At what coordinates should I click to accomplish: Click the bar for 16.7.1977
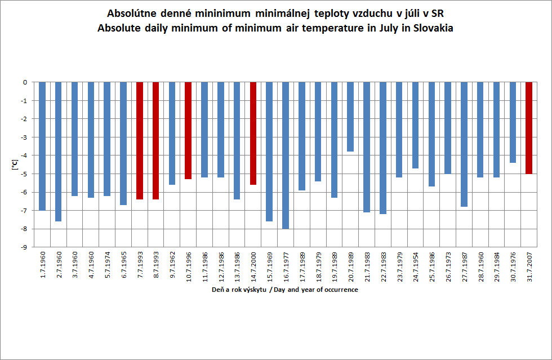click(286, 155)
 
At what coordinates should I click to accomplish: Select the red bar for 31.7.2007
click(529, 128)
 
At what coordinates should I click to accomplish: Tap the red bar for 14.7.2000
click(253, 133)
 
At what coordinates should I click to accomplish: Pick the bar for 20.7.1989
click(350, 117)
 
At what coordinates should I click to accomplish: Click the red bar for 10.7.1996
click(188, 130)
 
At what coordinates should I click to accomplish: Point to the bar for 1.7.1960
click(42, 146)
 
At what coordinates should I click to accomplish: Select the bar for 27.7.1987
click(464, 144)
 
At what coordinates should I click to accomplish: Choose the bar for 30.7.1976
click(513, 122)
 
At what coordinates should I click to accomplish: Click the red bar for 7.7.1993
click(140, 140)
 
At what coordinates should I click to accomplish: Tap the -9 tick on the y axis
click(24, 247)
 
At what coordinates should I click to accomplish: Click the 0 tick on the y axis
click(25, 82)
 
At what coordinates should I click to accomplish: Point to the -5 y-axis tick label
click(24, 174)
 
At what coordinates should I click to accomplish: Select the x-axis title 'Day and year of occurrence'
click(316, 290)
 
